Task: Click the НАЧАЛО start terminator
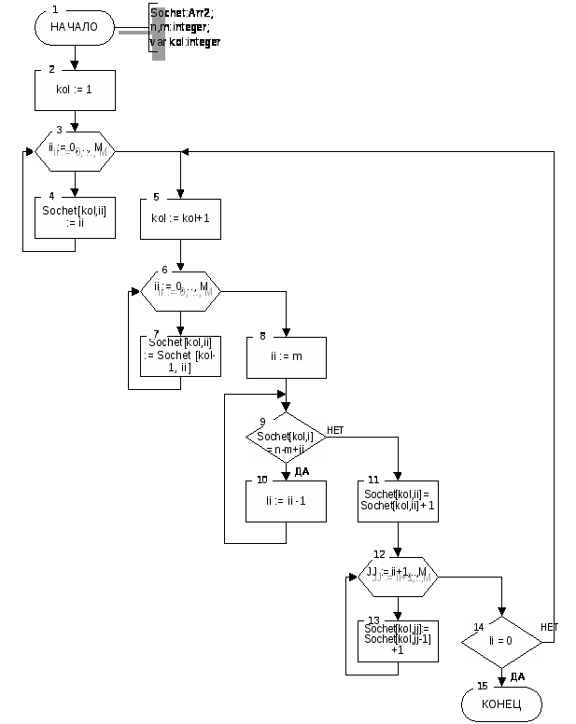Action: [x=74, y=28]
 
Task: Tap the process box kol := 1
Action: [x=74, y=91]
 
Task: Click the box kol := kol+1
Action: [x=180, y=217]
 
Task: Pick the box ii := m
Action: [x=287, y=356]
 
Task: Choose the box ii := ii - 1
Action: [x=286, y=501]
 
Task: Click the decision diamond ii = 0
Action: [x=501, y=642]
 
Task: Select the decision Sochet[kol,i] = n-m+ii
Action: [x=286, y=437]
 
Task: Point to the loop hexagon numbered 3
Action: [x=74, y=150]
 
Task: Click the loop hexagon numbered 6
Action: [x=180, y=290]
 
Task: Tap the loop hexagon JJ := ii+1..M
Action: [x=398, y=575]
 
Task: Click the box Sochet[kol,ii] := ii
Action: [x=74, y=216]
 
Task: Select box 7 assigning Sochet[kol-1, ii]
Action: [x=180, y=355]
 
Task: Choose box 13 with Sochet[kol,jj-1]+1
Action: [x=399, y=640]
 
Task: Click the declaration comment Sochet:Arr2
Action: [x=186, y=27]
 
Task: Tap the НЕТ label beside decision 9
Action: [x=336, y=430]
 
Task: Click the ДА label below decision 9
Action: [x=301, y=472]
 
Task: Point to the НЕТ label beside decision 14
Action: [x=550, y=627]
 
